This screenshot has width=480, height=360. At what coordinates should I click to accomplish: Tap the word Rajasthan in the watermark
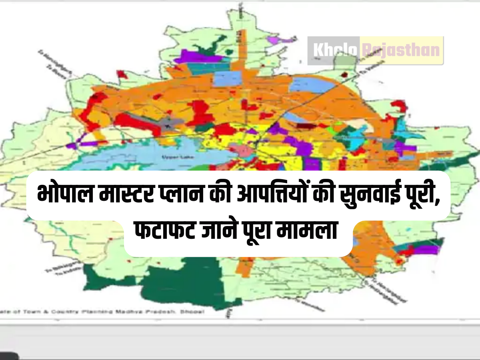click(x=401, y=50)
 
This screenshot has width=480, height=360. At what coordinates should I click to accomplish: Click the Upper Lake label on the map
click(x=172, y=157)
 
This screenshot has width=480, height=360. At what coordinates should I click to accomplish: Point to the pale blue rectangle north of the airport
click(x=228, y=79)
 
